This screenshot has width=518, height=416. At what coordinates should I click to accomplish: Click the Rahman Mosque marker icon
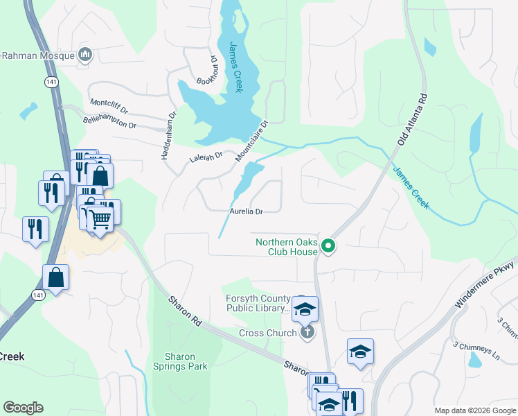point(86,54)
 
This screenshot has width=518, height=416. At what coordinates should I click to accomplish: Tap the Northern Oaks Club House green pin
point(330,245)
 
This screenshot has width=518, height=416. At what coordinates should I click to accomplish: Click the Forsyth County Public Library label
point(257,304)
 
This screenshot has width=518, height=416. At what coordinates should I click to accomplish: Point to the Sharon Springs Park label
point(180,361)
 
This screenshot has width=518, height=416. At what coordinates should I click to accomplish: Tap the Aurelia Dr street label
point(247,211)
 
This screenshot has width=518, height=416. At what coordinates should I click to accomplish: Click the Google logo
point(23,408)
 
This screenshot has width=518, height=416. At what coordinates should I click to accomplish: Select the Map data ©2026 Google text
point(474,410)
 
